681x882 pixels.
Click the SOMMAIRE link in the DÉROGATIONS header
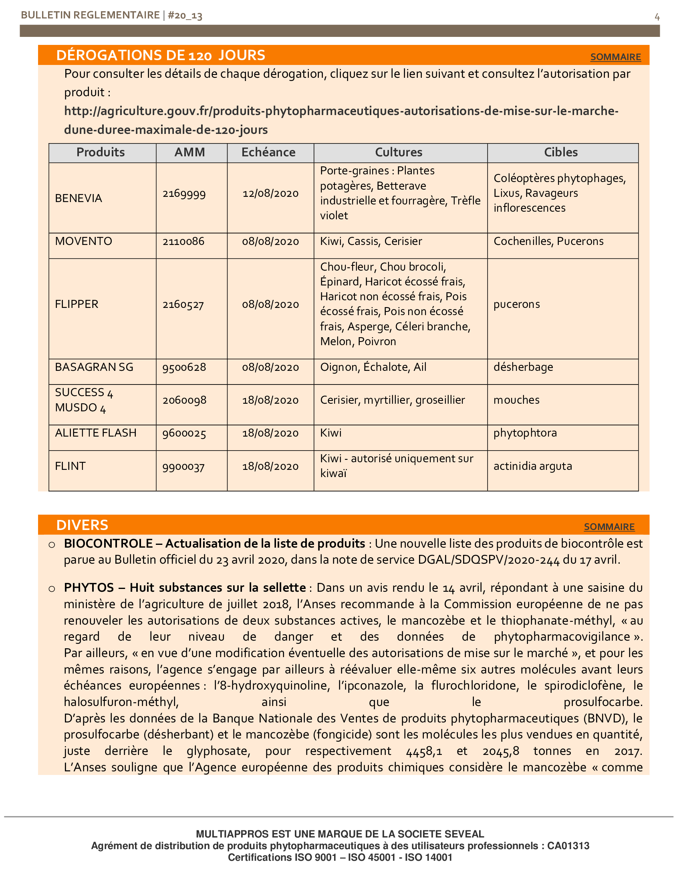615,57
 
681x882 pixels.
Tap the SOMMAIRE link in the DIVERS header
609,527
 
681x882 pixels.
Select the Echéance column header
268,152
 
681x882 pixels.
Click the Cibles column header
560,152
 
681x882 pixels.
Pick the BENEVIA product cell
79,198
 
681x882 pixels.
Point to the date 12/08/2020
270,194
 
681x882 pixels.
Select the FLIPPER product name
77,304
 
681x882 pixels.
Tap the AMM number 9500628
184,367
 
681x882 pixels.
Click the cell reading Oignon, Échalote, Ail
373,367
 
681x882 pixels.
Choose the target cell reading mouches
516,400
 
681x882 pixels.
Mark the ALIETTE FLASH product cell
96,433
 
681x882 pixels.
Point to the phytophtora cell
525,433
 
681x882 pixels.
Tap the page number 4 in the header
657,17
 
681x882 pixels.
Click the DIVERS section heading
82,525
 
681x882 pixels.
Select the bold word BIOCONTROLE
108,544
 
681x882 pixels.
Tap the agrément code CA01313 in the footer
568,846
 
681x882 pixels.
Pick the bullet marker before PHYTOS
52,589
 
